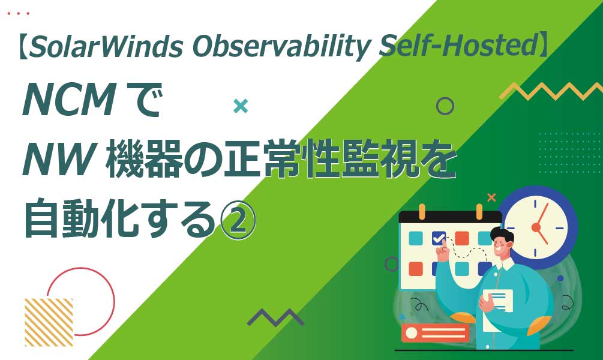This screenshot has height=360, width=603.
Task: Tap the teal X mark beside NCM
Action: tap(241, 106)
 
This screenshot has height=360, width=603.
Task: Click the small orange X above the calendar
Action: tap(491, 197)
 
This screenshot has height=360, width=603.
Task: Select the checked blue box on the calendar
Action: tap(439, 238)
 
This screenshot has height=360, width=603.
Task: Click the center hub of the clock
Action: tap(536, 227)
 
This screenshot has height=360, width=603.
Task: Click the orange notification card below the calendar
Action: tap(435, 333)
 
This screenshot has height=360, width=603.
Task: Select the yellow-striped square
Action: tap(49, 322)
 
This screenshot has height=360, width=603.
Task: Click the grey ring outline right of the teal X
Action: tap(445, 106)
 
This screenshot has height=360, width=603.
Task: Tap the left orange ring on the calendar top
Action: tap(422, 212)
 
